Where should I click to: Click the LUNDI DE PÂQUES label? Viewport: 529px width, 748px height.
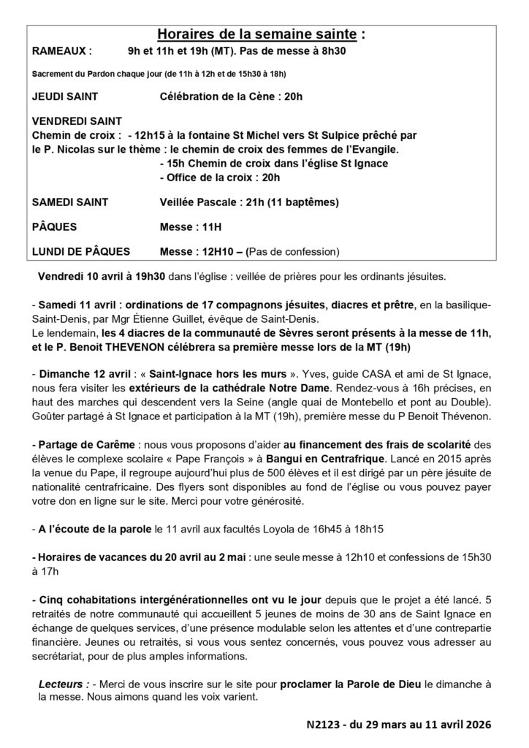(81, 251)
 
